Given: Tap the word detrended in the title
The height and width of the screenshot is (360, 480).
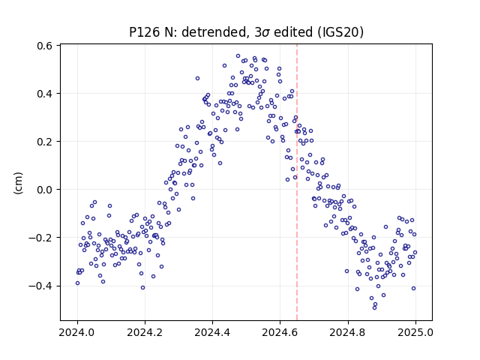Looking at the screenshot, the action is click(x=214, y=31).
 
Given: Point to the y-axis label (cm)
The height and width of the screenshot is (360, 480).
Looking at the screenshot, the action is click(x=18, y=183).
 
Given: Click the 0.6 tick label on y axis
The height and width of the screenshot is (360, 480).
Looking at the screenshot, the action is click(x=45, y=46).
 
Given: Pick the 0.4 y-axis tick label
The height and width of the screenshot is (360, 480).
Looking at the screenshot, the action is click(x=45, y=94).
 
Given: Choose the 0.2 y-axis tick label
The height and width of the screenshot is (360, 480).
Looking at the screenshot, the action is click(x=45, y=142).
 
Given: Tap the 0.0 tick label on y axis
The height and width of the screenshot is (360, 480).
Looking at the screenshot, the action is click(x=45, y=190).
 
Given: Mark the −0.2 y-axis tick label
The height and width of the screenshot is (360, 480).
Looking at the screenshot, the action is click(x=40, y=238).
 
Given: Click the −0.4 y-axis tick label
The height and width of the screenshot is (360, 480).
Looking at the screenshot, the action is click(x=40, y=286).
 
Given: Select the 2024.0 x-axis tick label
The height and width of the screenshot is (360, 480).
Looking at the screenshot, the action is click(x=77, y=332).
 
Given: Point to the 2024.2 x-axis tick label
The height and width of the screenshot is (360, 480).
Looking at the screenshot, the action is click(x=145, y=332).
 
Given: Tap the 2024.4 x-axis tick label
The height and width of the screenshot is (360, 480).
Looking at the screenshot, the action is click(x=212, y=332).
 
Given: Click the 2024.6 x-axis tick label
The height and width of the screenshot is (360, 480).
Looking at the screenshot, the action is click(x=280, y=332).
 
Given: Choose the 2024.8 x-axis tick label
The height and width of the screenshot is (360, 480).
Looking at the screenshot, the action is click(x=348, y=332).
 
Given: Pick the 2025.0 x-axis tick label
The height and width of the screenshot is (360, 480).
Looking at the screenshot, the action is click(x=415, y=332).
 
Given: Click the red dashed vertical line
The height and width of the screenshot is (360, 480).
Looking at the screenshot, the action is click(x=297, y=182).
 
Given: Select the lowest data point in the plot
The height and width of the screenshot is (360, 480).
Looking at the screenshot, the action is click(x=374, y=307).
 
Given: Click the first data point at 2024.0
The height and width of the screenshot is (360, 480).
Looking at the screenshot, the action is click(x=77, y=283).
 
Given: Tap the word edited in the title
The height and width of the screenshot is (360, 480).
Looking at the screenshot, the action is click(x=292, y=31).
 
